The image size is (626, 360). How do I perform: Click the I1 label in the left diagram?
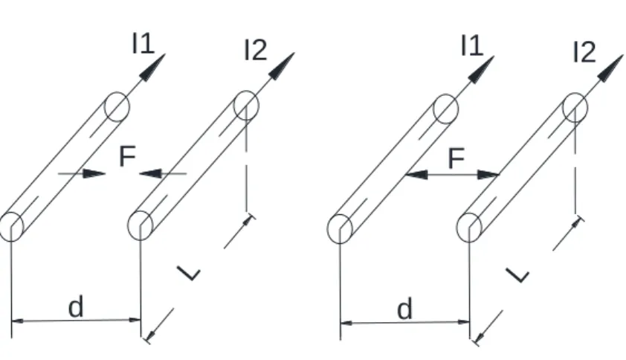click(x=143, y=43)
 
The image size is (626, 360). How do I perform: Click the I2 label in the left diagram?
click(x=256, y=51)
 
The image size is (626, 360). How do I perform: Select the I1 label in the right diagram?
click(x=472, y=45)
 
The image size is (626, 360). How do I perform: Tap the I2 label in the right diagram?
click(x=584, y=52)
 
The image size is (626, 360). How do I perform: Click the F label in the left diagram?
click(x=128, y=156)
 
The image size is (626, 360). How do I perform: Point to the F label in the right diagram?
click(x=456, y=158)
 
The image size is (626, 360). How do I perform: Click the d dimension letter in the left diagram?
click(x=76, y=307)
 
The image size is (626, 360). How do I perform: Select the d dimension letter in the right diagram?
click(x=405, y=309)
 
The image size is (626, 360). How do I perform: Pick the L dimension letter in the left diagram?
click(x=188, y=273)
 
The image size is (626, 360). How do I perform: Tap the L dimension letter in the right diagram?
click(x=517, y=275)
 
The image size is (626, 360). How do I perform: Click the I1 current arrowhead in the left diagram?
click(x=152, y=68)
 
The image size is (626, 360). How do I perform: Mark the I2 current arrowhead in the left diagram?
click(x=282, y=66)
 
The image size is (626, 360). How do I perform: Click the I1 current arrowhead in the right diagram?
click(x=482, y=70)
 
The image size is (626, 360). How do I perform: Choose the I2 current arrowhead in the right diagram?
click(x=611, y=68)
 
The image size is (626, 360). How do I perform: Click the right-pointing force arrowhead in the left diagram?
click(x=94, y=173)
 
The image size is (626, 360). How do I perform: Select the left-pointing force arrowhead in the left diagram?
click(x=150, y=173)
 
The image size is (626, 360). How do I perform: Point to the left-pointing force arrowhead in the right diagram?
click(x=416, y=175)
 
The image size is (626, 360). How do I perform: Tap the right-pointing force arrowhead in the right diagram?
click(x=488, y=175)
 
